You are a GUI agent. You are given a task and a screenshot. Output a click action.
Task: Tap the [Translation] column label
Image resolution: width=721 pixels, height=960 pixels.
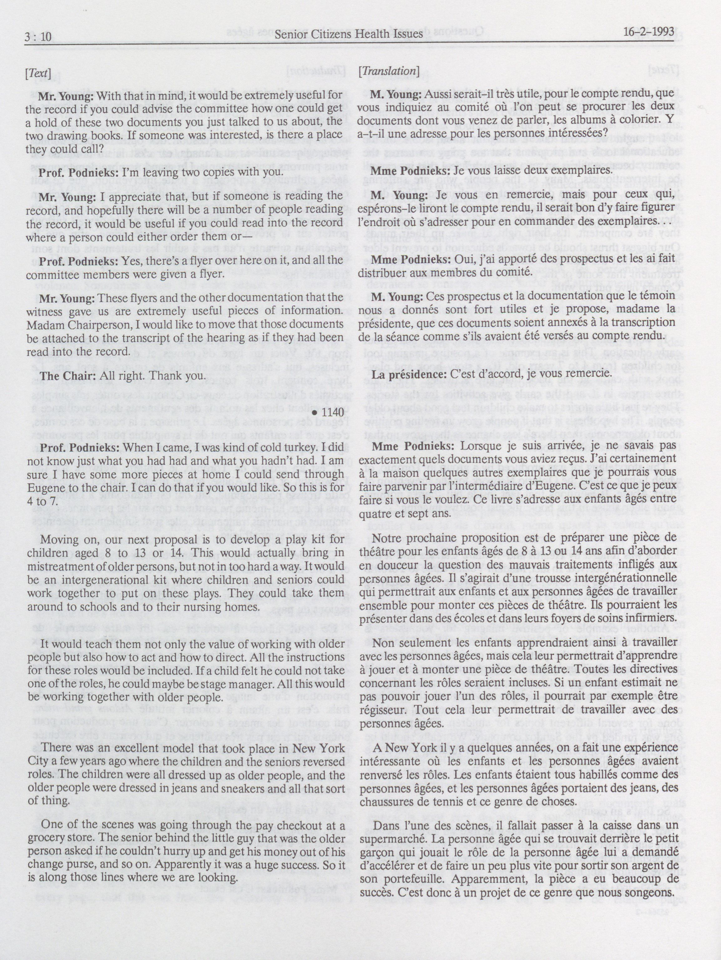click(x=389, y=72)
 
